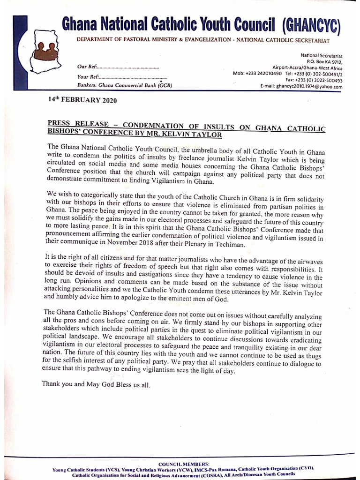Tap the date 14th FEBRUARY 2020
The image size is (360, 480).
(82, 100)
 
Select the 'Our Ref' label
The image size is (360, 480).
(86, 68)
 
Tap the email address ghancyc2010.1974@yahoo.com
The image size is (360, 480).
(308, 87)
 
